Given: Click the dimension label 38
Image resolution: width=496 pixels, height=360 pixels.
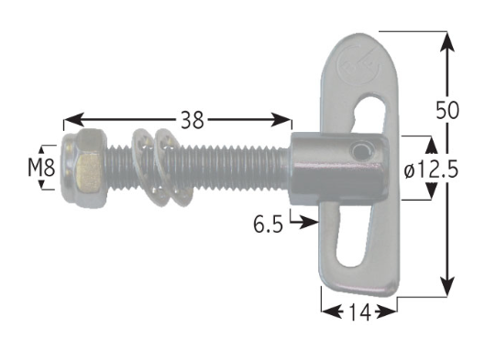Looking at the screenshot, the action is (x=192, y=120).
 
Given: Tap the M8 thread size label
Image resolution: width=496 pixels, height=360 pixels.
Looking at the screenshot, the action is (x=41, y=168).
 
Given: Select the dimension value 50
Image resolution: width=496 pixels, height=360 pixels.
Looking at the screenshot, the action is (x=447, y=110).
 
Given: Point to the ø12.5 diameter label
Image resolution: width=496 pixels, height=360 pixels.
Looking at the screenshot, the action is (x=431, y=169).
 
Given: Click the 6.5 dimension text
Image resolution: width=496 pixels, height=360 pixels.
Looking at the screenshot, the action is (x=268, y=224).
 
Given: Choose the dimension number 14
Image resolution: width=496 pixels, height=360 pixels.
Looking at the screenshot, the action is (x=359, y=312).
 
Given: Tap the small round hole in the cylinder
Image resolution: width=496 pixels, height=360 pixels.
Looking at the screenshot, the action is (x=360, y=151).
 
